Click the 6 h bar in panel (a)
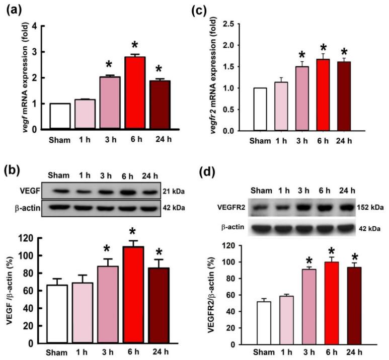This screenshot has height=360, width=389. tap(135, 93)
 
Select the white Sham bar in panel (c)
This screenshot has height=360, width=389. tap(261, 109)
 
